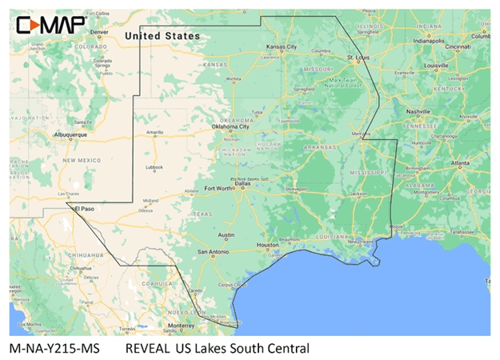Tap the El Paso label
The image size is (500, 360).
click(x=85, y=209)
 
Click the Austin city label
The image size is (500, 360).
click(x=226, y=235)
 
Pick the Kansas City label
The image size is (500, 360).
click(x=281, y=47)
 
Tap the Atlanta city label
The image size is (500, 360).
click(x=459, y=163)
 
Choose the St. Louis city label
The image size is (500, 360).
click(x=358, y=58)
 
